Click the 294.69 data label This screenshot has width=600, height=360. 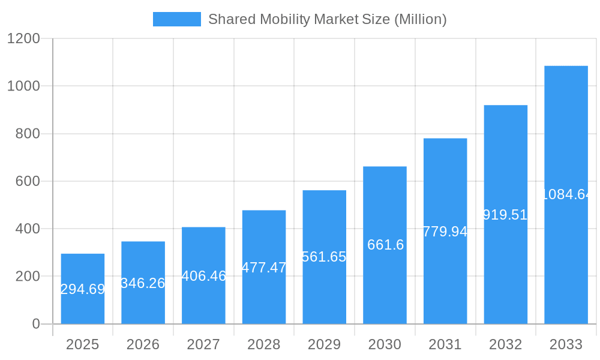83,289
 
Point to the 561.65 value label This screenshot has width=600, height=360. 324,257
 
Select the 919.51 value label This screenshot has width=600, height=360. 505,215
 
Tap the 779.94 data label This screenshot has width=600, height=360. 445,232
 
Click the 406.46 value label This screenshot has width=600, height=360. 203,276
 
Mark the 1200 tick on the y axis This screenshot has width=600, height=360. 23,39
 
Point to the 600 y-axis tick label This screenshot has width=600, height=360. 28,181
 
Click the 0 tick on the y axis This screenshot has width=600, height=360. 35,324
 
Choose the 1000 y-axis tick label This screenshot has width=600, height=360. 23,86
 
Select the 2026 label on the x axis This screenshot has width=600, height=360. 143,344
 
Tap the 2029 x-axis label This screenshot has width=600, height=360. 324,344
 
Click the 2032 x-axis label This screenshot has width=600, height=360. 505,344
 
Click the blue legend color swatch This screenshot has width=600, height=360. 177,19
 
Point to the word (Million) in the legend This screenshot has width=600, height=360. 420,19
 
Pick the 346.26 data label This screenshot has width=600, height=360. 143,283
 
